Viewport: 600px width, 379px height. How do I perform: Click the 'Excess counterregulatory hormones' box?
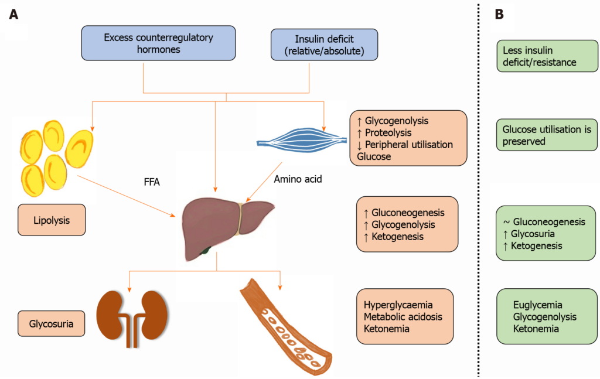click(x=158, y=43)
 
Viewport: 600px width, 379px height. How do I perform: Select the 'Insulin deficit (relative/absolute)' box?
click(x=324, y=45)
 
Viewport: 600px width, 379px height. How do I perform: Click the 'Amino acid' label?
click(x=297, y=179)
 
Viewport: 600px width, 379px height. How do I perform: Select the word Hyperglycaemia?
click(x=398, y=305)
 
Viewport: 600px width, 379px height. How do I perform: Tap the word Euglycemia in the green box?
click(x=537, y=305)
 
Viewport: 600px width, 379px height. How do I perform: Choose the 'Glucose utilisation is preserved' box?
click(x=546, y=135)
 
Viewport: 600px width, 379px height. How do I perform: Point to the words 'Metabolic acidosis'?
click(x=403, y=317)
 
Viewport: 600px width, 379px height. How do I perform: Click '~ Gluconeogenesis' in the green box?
click(x=544, y=222)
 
